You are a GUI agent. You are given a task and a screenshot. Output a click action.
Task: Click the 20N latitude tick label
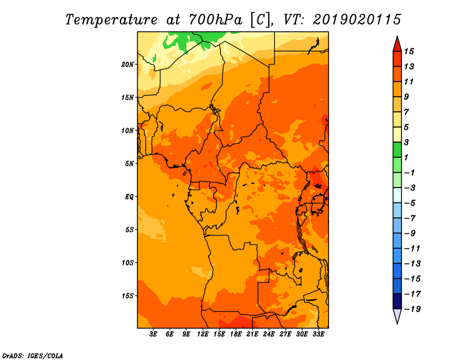128,65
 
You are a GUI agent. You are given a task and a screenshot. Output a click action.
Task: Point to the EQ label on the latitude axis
129,197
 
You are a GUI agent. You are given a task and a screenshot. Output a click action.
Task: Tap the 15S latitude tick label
128,296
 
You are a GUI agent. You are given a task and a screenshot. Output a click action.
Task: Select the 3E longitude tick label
153,334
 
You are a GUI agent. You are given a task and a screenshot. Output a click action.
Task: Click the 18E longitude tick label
236,334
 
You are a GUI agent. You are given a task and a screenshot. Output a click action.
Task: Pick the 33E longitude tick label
318,334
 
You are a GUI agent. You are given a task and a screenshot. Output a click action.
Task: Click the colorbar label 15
409,51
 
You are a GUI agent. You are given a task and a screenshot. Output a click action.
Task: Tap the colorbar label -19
412,309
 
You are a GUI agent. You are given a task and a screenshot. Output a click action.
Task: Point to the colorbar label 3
407,142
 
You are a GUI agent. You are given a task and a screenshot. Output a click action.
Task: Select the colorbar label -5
410,203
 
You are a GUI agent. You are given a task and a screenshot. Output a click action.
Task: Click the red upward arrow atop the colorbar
397,44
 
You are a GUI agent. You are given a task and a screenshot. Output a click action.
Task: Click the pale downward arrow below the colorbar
397,316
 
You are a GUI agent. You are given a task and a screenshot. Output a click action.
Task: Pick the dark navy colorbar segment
397,301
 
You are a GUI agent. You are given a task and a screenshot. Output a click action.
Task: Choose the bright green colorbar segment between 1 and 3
397,150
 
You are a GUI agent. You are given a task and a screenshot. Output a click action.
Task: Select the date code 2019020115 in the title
357,20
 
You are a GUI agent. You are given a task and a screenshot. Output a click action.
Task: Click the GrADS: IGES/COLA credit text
33,356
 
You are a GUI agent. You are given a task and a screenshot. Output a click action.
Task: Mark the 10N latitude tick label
128,131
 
